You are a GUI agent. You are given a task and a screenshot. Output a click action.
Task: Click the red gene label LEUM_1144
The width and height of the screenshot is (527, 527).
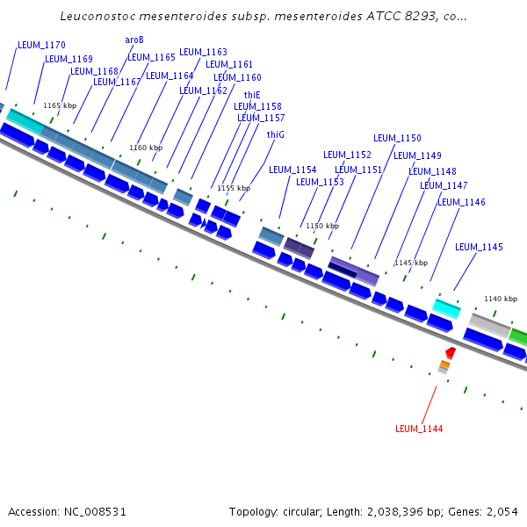[419, 429]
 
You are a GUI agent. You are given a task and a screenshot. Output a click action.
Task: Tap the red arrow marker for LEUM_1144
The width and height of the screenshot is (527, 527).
[450, 352]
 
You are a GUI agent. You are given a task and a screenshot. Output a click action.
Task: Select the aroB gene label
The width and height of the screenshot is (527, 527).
[134, 40]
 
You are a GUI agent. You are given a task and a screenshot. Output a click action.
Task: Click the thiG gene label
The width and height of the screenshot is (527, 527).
[276, 134]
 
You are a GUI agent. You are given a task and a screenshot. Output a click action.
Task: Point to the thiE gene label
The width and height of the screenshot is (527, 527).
[252, 95]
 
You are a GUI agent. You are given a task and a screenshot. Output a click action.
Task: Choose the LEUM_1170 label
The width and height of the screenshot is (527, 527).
[41, 45]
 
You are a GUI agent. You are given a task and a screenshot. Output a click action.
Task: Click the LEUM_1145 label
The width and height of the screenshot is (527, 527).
[479, 247]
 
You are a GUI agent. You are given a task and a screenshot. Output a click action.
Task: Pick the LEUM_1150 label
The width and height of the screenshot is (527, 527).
[397, 138]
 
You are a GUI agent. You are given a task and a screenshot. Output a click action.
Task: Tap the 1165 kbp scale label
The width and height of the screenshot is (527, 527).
[60, 105]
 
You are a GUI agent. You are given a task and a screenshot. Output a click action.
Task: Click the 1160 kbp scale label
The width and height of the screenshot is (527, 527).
[146, 148]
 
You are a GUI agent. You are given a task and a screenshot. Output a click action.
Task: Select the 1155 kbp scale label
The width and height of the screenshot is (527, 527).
[234, 188]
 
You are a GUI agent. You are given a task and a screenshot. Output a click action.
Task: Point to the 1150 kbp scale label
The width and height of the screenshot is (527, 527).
[322, 226]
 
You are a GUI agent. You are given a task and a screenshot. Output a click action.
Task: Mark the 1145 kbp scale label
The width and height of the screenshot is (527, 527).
[411, 263]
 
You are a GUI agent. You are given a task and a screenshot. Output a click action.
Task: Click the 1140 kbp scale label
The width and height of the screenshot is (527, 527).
[501, 299]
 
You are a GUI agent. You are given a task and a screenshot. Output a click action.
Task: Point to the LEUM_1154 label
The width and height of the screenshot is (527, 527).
[292, 170]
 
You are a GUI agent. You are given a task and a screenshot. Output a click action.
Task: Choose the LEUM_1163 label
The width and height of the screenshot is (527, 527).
[203, 53]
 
